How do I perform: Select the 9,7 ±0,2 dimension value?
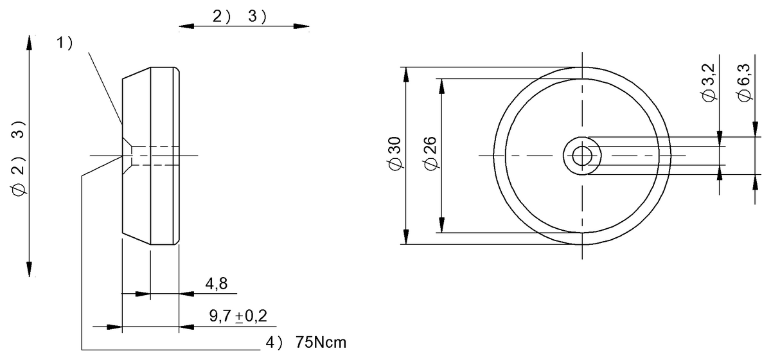(x=238, y=316)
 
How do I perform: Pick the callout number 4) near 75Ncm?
(x=275, y=342)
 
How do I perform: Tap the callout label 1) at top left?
(x=64, y=43)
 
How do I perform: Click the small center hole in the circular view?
(x=582, y=156)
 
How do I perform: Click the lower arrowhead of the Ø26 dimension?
(x=441, y=226)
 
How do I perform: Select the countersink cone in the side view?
(x=127, y=156)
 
